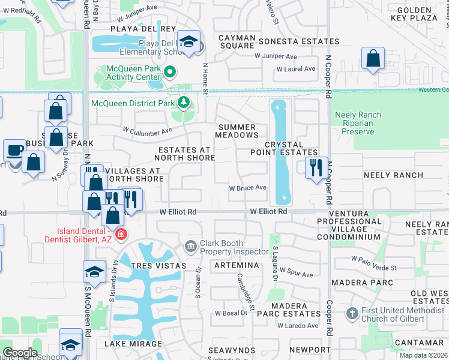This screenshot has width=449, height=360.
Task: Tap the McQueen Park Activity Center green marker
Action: tap(170, 73)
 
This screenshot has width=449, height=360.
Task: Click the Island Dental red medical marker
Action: tap(121, 234)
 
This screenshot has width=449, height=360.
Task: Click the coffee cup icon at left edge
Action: tap(14, 151)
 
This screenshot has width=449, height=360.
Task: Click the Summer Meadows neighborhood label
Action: tap(237, 131)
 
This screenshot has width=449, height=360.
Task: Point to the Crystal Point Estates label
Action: tap(291, 148)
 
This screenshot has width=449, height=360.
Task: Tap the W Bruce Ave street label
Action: tap(247, 187)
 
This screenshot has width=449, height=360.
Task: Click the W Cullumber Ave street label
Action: tap(148, 129)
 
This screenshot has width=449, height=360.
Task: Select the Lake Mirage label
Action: tap(133, 344)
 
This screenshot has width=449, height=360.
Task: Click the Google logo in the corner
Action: tap(20, 353)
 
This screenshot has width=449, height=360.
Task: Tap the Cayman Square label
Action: tap(237, 41)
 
